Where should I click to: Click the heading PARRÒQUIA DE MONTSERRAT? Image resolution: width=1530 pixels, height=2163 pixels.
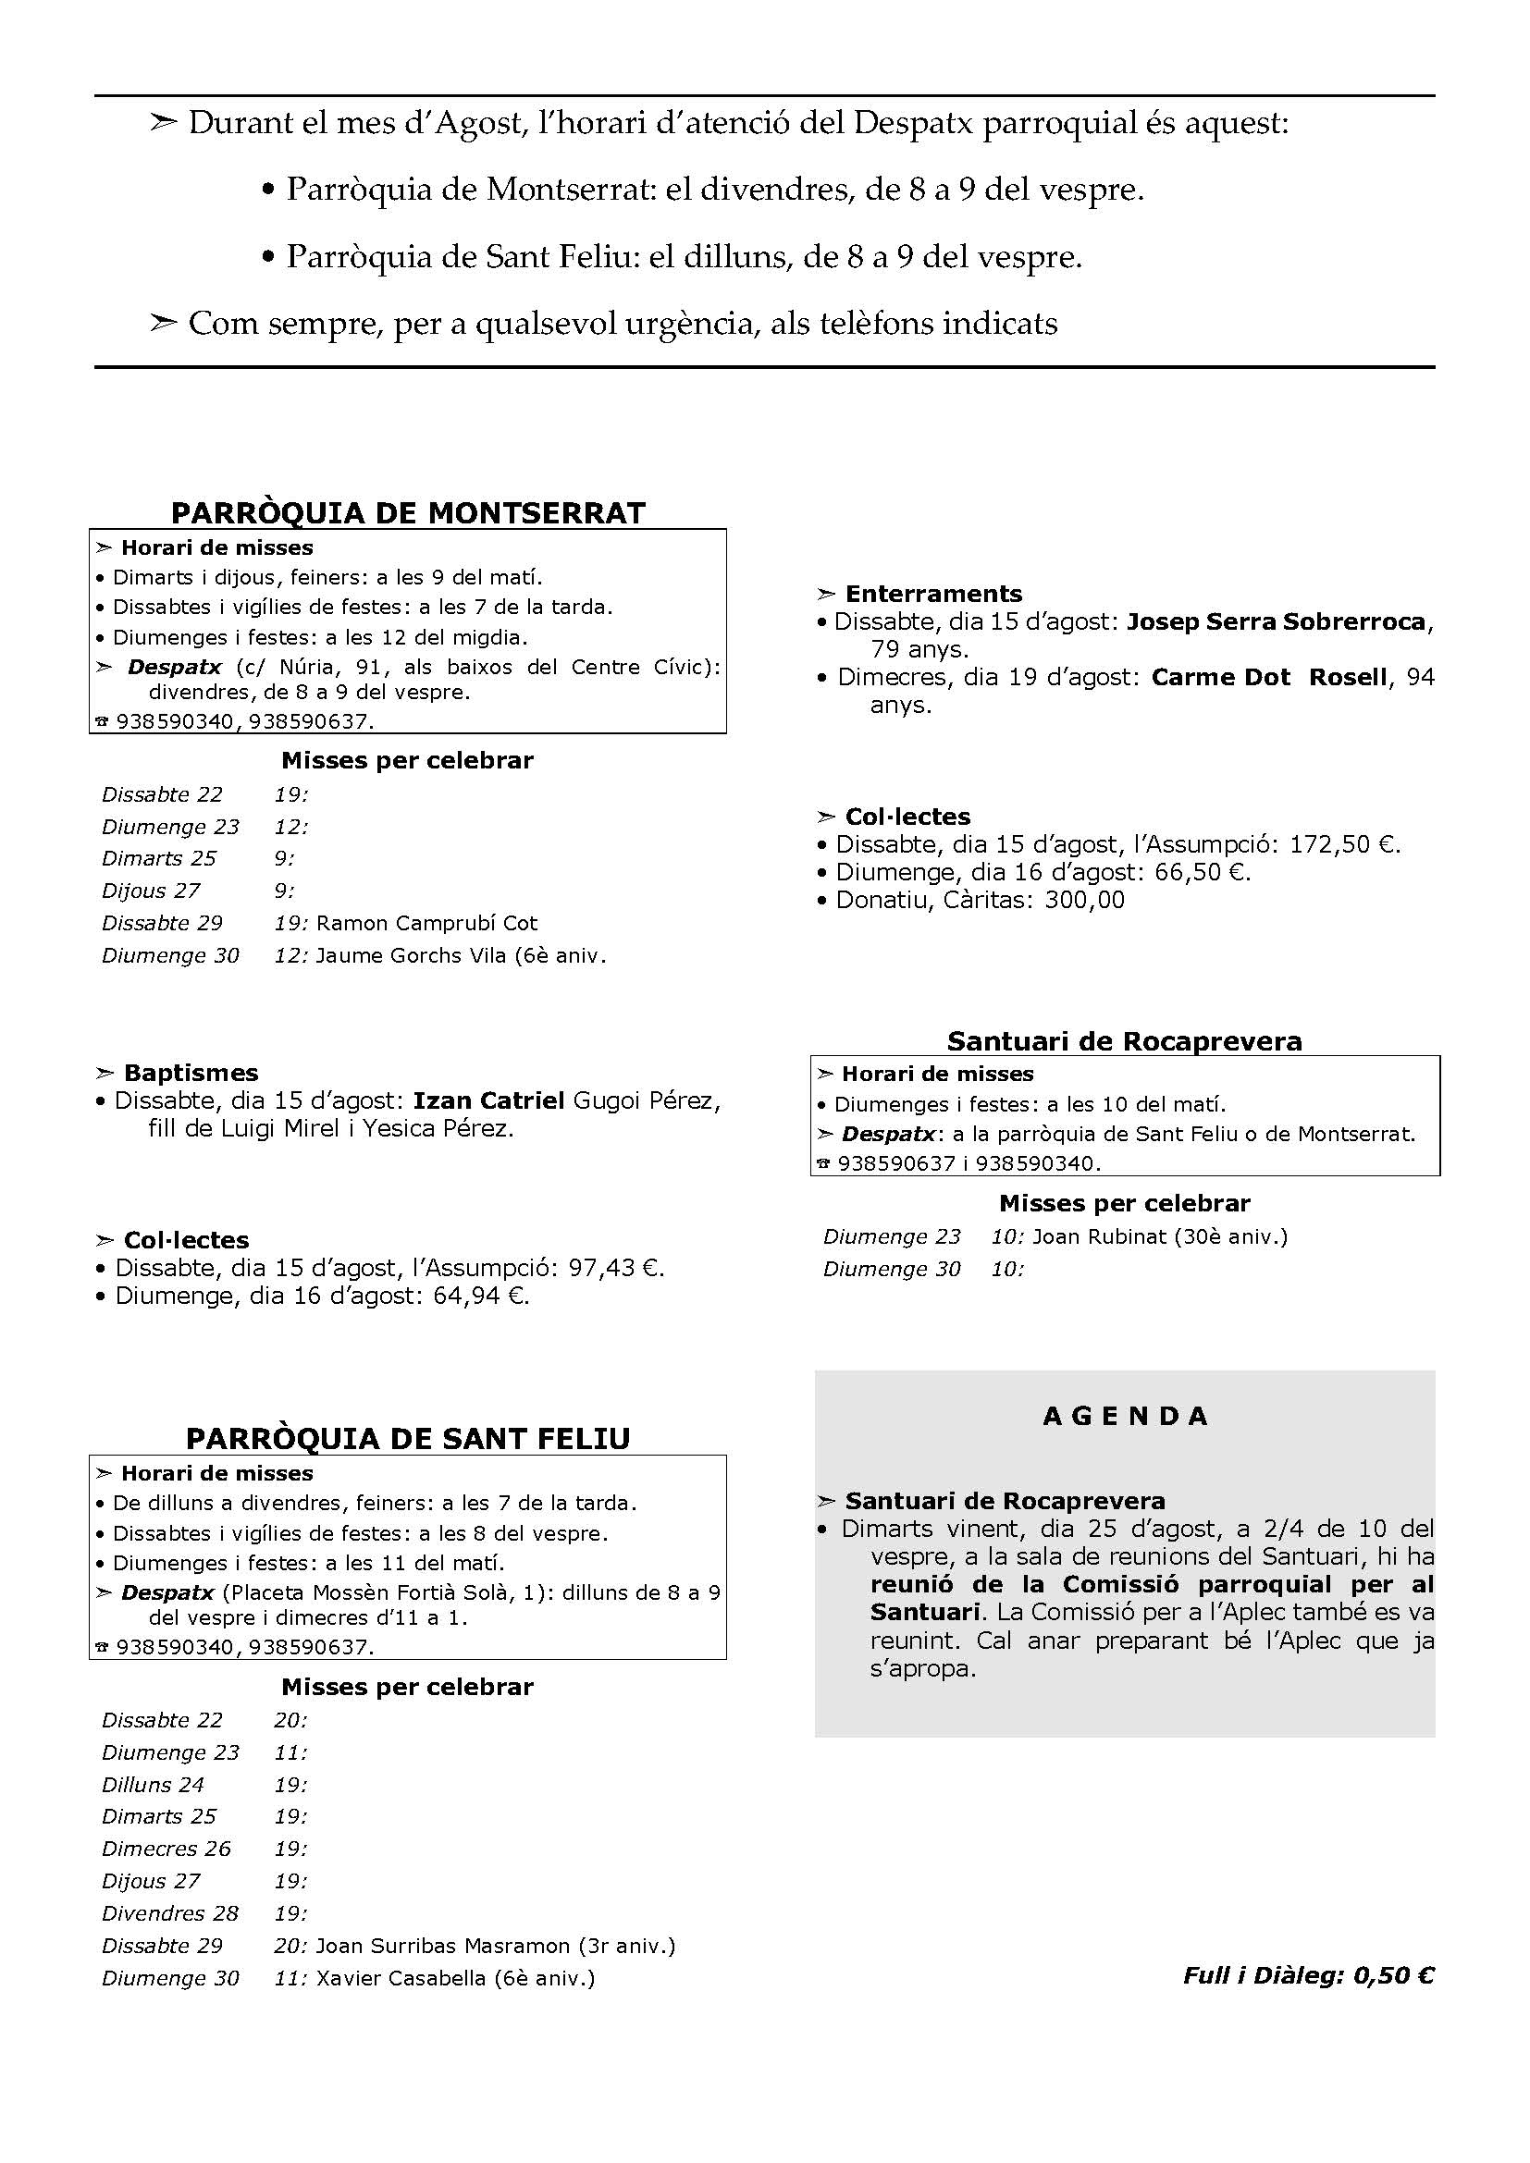tap(408, 512)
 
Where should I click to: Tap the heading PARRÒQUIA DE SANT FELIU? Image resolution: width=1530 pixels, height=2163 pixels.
tap(408, 1439)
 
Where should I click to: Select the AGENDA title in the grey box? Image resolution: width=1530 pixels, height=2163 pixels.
tap(1125, 1416)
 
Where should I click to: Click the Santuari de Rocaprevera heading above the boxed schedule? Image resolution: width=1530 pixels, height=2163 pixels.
tap(1124, 1041)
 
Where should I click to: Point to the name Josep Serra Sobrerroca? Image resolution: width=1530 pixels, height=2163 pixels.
tap(1276, 621)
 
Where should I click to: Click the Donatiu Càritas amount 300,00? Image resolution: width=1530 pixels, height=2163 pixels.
tap(1084, 900)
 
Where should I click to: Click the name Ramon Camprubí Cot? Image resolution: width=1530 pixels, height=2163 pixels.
tap(426, 923)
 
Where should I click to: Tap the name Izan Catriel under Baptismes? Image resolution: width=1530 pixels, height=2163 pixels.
tap(489, 1100)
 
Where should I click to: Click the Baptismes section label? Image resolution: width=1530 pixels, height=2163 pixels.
tap(191, 1073)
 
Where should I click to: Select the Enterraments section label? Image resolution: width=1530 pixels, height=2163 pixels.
tap(932, 594)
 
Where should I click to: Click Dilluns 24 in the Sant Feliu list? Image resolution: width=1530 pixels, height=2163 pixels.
tap(153, 1784)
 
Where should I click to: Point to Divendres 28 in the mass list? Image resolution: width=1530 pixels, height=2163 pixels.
tap(169, 1913)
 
